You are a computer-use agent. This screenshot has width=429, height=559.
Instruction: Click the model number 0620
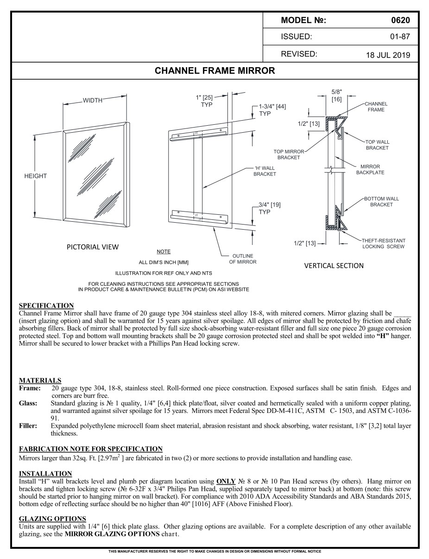coord(400,20)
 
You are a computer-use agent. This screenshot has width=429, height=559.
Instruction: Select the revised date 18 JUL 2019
coord(388,55)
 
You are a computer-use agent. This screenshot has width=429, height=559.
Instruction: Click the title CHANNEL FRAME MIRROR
coord(214,71)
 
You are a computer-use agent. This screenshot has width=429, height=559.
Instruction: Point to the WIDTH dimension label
coord(93,101)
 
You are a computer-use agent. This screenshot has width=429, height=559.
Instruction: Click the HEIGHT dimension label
coord(36,176)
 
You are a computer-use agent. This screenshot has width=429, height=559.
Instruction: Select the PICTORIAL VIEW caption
coord(93,247)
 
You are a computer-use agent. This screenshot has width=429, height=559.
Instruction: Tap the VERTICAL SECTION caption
coord(334,266)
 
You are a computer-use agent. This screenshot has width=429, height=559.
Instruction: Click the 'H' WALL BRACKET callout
coord(265,171)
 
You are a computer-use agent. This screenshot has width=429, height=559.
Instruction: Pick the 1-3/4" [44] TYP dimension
coord(272,110)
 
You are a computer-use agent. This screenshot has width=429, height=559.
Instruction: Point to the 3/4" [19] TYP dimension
coord(270,208)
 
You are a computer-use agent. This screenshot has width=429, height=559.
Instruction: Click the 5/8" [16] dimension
coord(337,96)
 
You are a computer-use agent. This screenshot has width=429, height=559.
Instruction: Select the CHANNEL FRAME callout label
coord(376,107)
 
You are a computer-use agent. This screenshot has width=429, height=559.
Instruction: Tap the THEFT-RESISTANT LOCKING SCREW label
coord(384,244)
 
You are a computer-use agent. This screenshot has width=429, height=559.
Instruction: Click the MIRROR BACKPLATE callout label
coord(370,169)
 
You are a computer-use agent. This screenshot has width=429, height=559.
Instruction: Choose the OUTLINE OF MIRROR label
coord(242,259)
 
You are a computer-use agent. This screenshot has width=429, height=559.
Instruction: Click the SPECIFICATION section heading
coord(46,305)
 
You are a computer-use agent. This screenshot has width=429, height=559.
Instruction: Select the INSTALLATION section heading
coord(45,474)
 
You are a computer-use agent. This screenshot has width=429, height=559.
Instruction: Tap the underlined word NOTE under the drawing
coord(164,251)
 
